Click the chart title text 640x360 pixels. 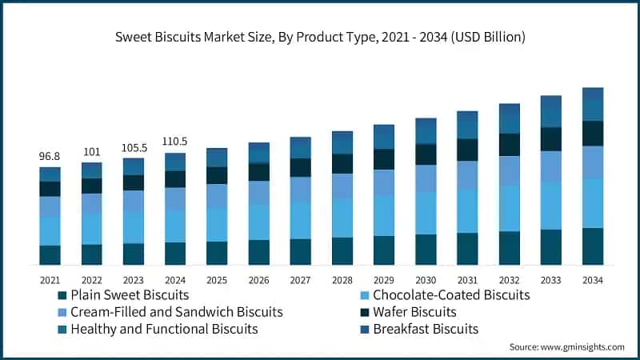click(x=320, y=37)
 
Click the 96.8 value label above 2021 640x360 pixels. click(x=50, y=156)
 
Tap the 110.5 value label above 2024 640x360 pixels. click(x=175, y=141)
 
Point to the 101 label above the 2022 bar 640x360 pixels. click(x=91, y=152)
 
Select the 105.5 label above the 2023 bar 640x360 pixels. click(x=134, y=147)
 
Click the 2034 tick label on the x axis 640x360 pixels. click(x=593, y=280)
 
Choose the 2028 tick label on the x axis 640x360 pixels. click(x=342, y=280)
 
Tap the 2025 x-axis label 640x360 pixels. click(x=217, y=280)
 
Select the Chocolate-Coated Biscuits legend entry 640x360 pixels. click(x=451, y=295)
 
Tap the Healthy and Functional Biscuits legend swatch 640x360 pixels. click(x=61, y=329)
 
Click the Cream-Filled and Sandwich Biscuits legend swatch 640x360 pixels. click(x=61, y=312)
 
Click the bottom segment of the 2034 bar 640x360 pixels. click(x=593, y=246)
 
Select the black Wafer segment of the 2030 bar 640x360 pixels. click(x=426, y=154)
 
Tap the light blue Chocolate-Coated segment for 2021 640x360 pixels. click(x=50, y=230)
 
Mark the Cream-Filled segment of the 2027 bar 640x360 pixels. click(x=301, y=190)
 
